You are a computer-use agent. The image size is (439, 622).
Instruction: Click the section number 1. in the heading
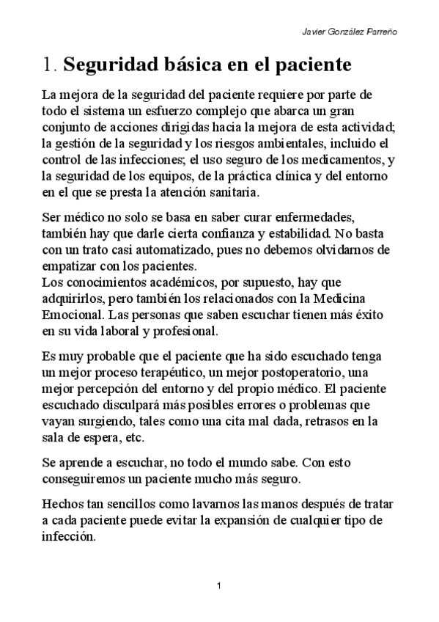pos(49,66)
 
